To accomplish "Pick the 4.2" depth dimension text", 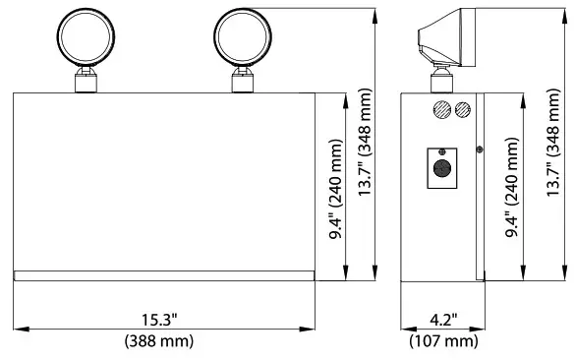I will click(x=441, y=321).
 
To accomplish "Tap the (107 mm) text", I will click(x=442, y=341).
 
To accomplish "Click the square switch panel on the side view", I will click(x=441, y=167).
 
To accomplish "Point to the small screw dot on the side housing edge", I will click(x=479, y=150).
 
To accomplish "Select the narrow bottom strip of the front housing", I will click(x=164, y=276).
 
